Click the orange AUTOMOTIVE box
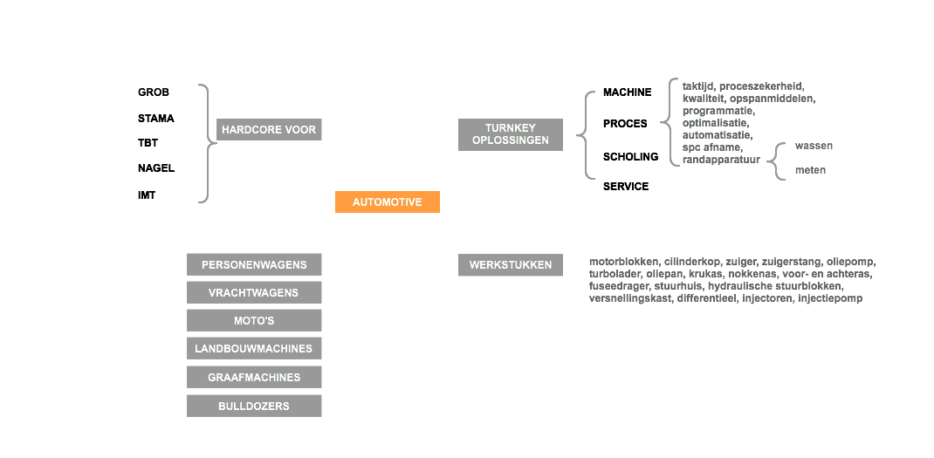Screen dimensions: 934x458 pyautogui.click(x=388, y=202)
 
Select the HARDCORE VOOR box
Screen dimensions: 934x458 pyautogui.click(x=269, y=129)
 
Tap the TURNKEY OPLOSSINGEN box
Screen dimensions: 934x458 pyautogui.click(x=511, y=134)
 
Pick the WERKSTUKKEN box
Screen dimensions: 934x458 pyautogui.click(x=511, y=264)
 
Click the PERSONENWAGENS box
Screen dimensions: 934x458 pyautogui.click(x=254, y=264)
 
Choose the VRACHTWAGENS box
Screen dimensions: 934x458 pyautogui.click(x=254, y=292)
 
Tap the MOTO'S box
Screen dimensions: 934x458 pyautogui.click(x=254, y=320)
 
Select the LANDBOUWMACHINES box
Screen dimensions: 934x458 pyautogui.click(x=254, y=348)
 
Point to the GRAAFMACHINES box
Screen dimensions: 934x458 pyautogui.click(x=254, y=377)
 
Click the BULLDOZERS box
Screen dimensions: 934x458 pyautogui.click(x=254, y=406)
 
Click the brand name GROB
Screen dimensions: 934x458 pyautogui.click(x=154, y=92)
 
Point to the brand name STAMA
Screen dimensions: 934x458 pyautogui.click(x=156, y=119)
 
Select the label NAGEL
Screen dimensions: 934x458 pyautogui.click(x=156, y=168)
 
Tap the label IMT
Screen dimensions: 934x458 pyautogui.click(x=147, y=195)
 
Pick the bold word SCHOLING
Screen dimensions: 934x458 pyautogui.click(x=631, y=157)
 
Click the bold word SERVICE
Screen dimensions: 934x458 pyautogui.click(x=626, y=187)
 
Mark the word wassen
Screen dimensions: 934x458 pyautogui.click(x=814, y=146)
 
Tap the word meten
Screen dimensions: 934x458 pyautogui.click(x=811, y=170)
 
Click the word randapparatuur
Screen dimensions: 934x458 pyautogui.click(x=721, y=160)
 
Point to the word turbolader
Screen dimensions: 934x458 pyautogui.click(x=615, y=274)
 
